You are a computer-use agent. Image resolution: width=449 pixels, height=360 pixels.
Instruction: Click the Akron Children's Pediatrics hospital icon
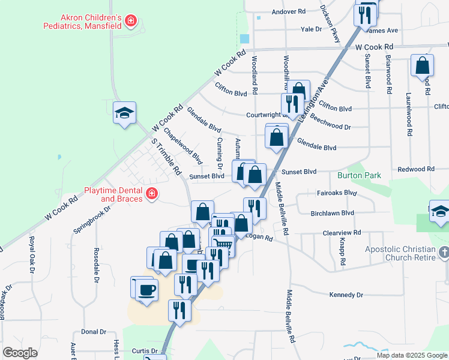click(x=130, y=22)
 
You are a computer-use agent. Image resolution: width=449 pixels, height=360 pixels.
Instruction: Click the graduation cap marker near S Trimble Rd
click(x=125, y=113)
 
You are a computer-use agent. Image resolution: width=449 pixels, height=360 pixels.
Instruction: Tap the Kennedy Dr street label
click(x=346, y=295)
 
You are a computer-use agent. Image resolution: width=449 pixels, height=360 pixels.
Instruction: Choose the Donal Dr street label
click(x=94, y=331)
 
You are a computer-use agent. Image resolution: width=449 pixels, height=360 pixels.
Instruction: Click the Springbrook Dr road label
click(x=92, y=220)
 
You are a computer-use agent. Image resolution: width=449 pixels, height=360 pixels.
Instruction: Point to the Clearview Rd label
click(x=342, y=232)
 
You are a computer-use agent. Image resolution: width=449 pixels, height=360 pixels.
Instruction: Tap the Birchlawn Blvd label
click(x=332, y=212)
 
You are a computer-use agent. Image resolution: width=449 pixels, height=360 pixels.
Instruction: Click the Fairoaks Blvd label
click(x=336, y=193)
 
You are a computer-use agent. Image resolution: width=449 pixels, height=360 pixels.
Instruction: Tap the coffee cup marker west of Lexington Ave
click(x=146, y=290)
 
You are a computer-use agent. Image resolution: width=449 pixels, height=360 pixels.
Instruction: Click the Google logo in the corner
click(x=20, y=353)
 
